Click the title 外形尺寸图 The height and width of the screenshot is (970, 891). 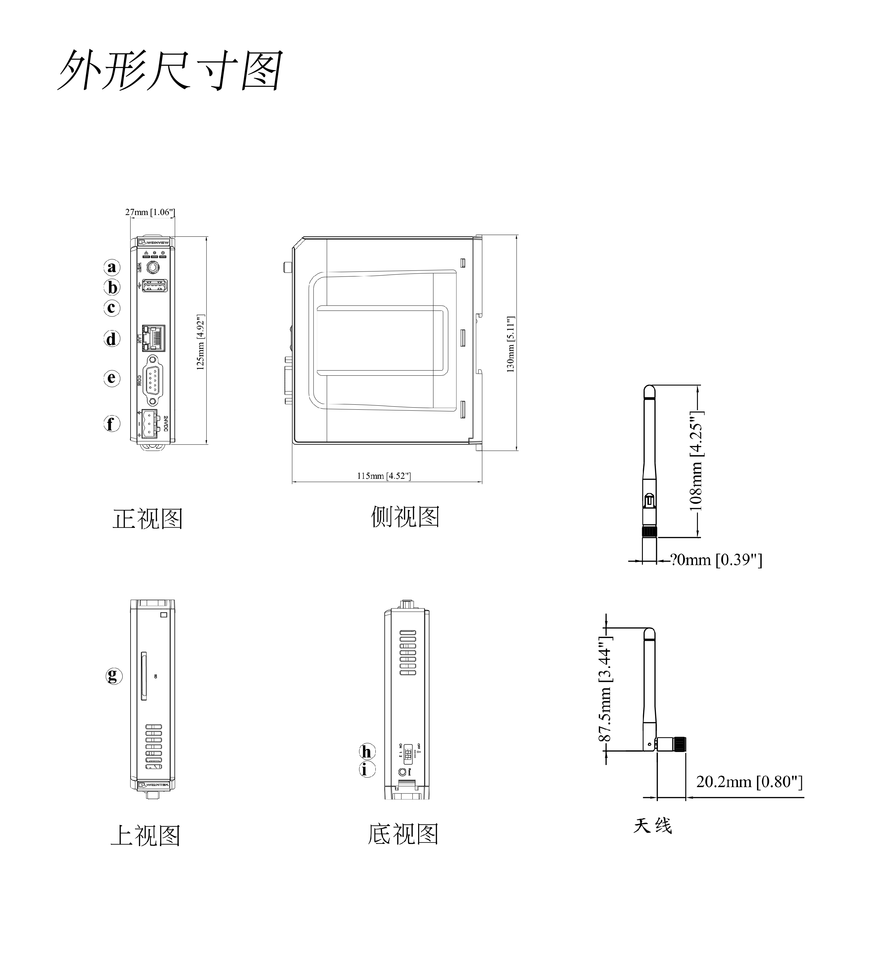[x=170, y=70]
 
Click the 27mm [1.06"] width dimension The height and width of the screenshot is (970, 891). [x=150, y=212]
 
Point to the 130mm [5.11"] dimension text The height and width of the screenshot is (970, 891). [x=511, y=344]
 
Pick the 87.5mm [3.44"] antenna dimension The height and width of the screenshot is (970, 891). [x=605, y=690]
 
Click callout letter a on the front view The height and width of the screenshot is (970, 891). [x=112, y=267]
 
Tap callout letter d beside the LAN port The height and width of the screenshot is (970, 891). [x=112, y=339]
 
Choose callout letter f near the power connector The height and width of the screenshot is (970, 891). [x=112, y=424]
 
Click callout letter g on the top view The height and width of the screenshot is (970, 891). [x=114, y=675]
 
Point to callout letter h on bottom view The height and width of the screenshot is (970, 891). [x=367, y=752]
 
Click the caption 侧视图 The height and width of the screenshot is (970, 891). [x=405, y=517]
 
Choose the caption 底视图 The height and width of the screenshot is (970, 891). [x=403, y=834]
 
